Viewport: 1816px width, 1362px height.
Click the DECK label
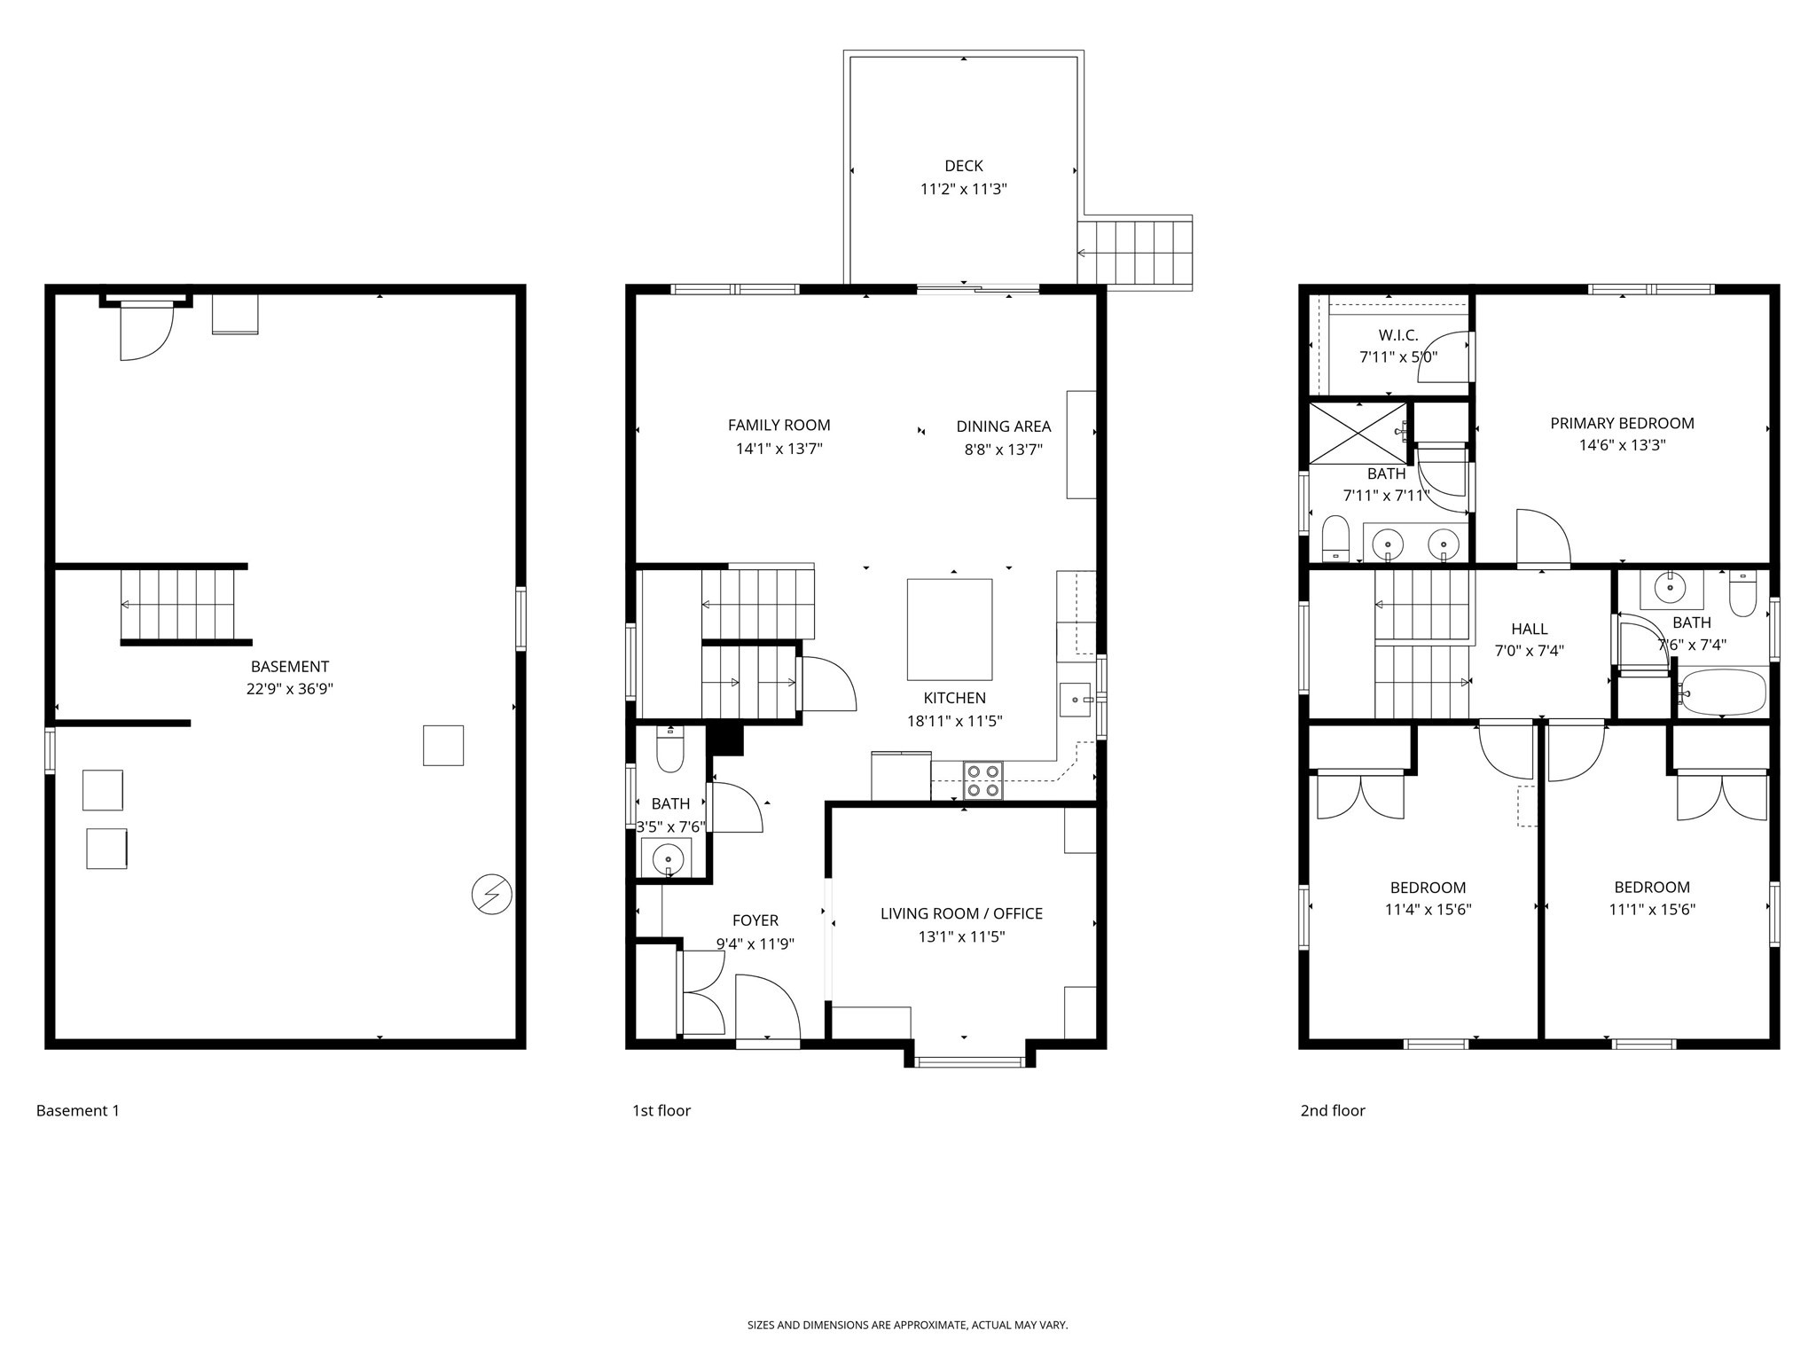pyautogui.click(x=963, y=166)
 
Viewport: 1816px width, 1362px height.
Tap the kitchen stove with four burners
pyautogui.click(x=983, y=780)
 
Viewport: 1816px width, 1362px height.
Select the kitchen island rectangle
pyautogui.click(x=949, y=630)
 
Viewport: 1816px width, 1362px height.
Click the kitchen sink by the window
pyautogui.click(x=1077, y=700)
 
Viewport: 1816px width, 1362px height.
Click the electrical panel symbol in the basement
pyautogui.click(x=491, y=894)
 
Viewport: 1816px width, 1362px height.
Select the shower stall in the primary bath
pyautogui.click(x=1358, y=433)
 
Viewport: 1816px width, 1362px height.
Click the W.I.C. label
pyautogui.click(x=1398, y=335)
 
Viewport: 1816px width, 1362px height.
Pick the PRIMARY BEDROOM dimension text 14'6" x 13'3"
pyautogui.click(x=1622, y=445)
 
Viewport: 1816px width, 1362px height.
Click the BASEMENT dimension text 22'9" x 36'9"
pyautogui.click(x=290, y=689)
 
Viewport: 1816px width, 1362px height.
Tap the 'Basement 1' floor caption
pyautogui.click(x=78, y=1110)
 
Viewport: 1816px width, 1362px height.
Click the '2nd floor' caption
pyautogui.click(x=1333, y=1110)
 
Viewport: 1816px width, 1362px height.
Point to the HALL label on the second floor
pyautogui.click(x=1530, y=629)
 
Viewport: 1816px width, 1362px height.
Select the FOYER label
pyautogui.click(x=755, y=921)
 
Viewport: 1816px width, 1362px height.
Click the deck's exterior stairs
pyautogui.click(x=1135, y=253)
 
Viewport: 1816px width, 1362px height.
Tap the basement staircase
pyautogui.click(x=177, y=605)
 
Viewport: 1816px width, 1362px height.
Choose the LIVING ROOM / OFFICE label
pyautogui.click(x=961, y=913)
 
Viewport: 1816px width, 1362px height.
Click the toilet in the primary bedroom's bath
pyautogui.click(x=1335, y=539)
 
